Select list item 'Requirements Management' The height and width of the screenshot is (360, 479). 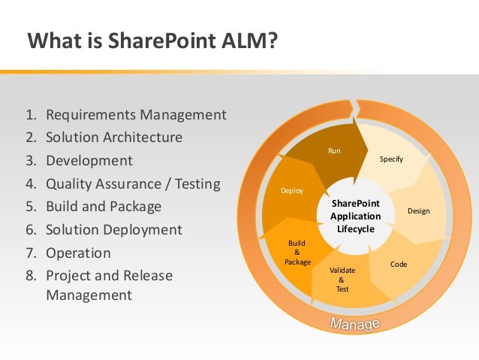click(x=136, y=115)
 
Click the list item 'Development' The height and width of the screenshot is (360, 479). click(x=89, y=161)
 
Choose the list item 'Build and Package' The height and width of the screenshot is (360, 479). click(x=104, y=207)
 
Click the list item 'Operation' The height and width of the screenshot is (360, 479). click(x=78, y=253)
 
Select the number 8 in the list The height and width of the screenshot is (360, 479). click(x=31, y=276)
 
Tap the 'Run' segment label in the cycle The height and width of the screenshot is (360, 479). click(x=334, y=151)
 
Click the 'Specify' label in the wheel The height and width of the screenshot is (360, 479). click(x=390, y=159)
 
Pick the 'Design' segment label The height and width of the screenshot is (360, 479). click(x=418, y=210)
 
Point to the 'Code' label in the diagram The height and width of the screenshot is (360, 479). click(x=399, y=265)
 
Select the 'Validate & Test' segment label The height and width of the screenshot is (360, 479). click(x=342, y=279)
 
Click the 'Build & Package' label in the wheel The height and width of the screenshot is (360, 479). click(x=297, y=253)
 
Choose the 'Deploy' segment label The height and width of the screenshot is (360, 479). click(x=292, y=191)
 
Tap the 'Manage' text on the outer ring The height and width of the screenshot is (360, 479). click(x=355, y=325)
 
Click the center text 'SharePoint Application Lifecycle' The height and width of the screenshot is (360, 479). click(x=355, y=216)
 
